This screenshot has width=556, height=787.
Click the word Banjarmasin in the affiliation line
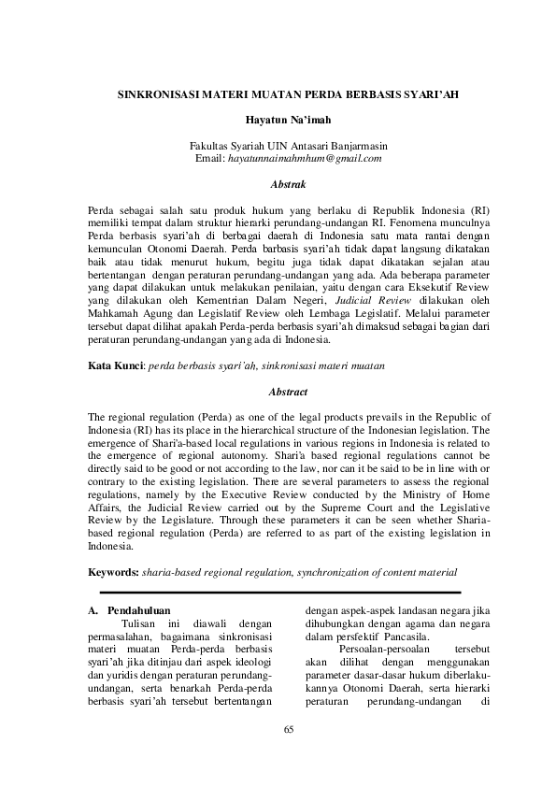[x=355, y=147]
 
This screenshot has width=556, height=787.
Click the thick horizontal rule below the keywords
[x=280, y=592]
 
